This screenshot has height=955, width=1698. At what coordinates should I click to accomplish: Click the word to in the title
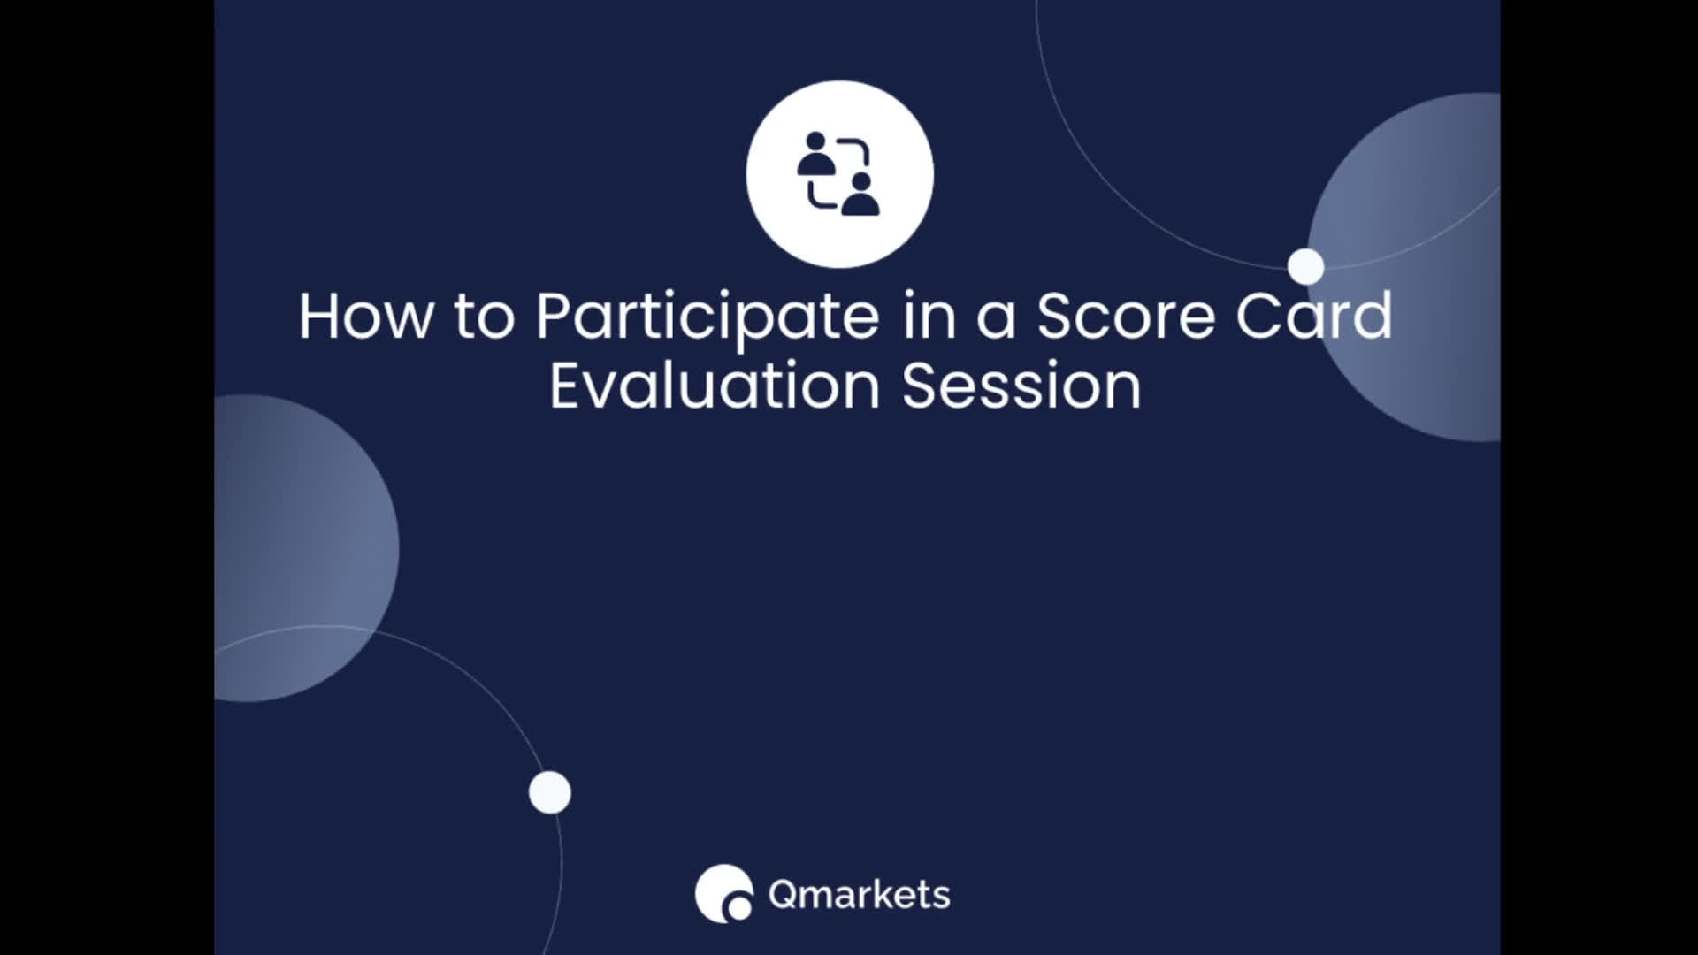(485, 317)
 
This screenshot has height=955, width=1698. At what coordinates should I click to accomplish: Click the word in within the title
(929, 316)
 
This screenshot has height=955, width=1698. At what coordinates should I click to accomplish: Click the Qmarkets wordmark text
(859, 895)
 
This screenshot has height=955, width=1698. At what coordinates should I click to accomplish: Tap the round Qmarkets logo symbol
(723, 894)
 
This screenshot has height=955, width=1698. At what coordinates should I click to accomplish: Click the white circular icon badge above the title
(839, 173)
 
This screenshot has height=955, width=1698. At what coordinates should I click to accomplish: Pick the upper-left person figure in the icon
(816, 154)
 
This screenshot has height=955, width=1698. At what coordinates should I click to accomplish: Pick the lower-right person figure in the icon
(860, 194)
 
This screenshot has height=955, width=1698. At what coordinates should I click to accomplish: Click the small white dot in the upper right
(1305, 266)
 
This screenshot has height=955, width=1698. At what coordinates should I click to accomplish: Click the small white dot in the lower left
(550, 792)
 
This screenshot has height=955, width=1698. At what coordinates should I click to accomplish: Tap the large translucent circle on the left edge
(306, 548)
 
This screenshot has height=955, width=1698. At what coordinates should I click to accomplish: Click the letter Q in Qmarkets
(784, 896)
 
